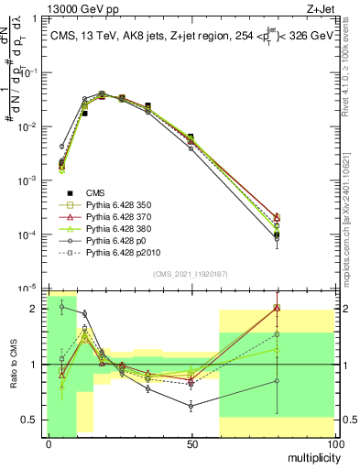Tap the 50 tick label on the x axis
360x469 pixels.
191,444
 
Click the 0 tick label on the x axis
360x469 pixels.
48,444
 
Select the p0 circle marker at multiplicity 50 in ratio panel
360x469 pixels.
191,406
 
